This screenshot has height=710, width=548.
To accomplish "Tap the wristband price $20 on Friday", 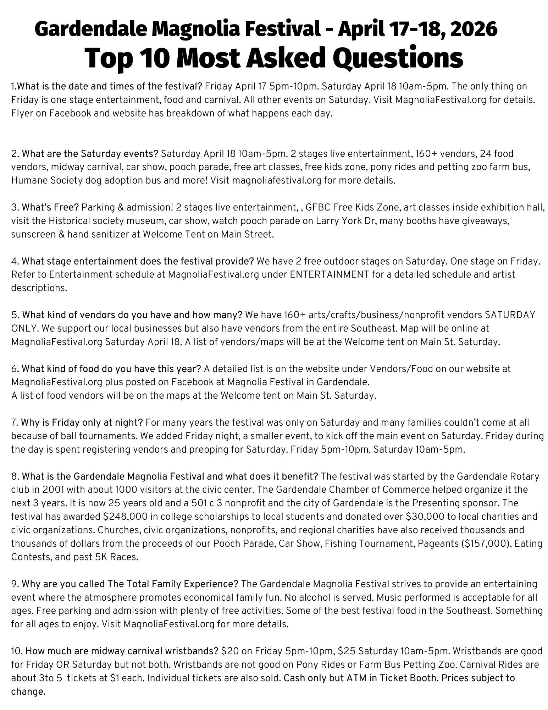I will tap(227, 651).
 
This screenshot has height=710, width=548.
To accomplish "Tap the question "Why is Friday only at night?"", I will tap(82, 422).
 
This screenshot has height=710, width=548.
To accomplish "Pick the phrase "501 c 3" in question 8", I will tap(197, 503).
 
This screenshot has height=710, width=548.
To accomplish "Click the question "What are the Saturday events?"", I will tap(90, 154).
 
